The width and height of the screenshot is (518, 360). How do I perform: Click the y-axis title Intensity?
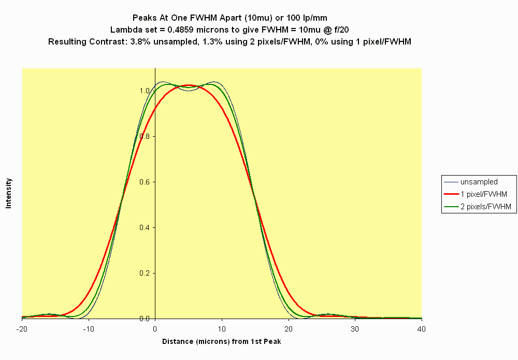[x=9, y=193]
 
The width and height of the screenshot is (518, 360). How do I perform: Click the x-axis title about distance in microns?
[x=222, y=341]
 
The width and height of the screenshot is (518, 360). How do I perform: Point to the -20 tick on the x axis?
[x=22, y=329]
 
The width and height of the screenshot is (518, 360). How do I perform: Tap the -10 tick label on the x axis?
[x=89, y=329]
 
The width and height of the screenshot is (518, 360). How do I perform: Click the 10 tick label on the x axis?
[x=222, y=329]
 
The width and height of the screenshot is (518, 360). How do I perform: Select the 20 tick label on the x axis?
[x=289, y=329]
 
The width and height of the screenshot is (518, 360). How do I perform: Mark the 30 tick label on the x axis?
[x=355, y=329]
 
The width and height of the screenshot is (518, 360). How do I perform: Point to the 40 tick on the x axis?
[x=422, y=329]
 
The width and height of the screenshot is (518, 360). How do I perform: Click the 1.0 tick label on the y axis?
[x=146, y=91]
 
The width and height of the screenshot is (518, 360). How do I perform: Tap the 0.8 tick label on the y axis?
[x=146, y=136]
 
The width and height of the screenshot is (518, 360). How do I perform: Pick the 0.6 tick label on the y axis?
[x=146, y=182]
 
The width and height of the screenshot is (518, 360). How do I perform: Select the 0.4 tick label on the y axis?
[x=146, y=227]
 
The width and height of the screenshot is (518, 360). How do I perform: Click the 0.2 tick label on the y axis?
[x=146, y=273]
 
